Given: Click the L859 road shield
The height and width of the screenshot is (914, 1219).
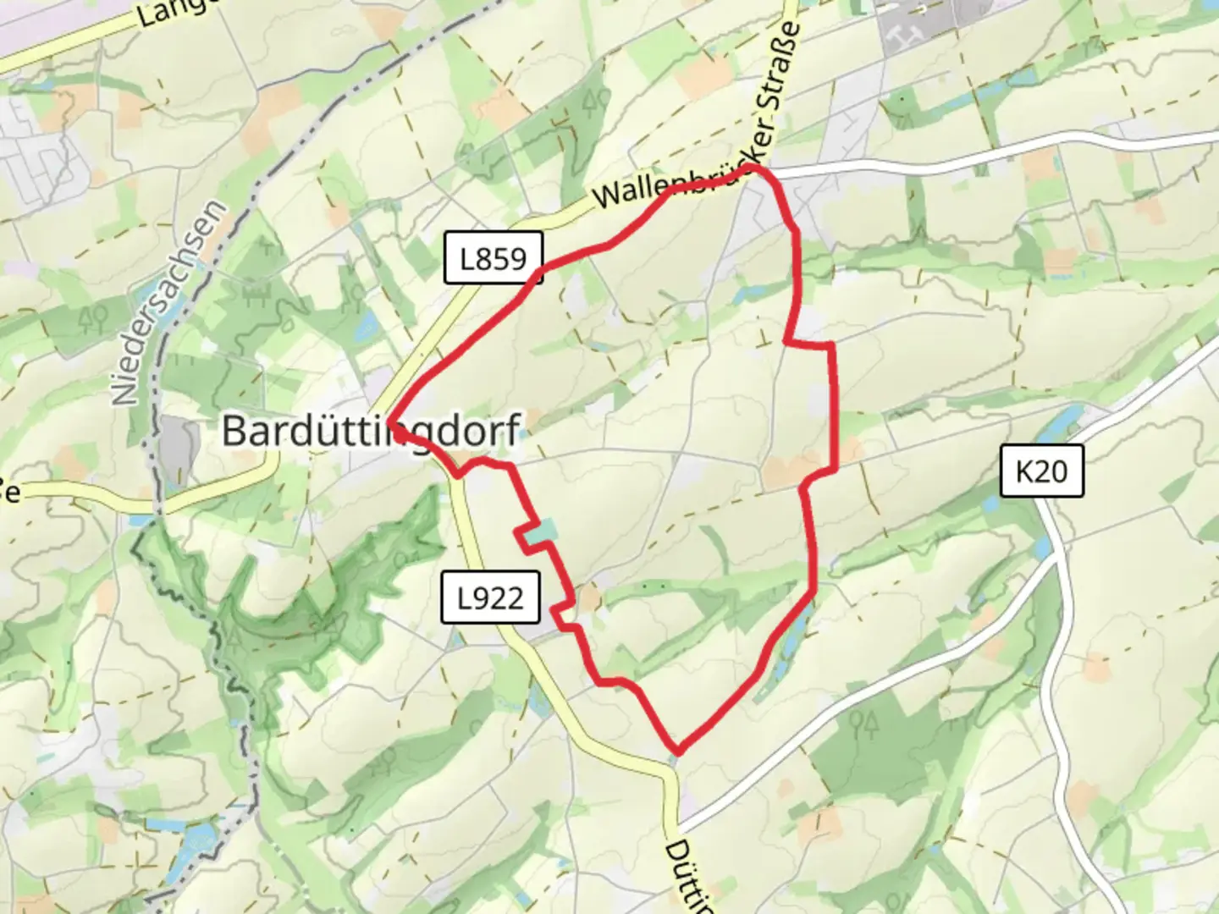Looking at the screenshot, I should (493, 258).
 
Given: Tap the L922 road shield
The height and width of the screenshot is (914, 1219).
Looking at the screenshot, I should (490, 597).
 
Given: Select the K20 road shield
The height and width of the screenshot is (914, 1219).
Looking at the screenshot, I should (1041, 471).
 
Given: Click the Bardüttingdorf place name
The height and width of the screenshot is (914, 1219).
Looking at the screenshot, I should (370, 431).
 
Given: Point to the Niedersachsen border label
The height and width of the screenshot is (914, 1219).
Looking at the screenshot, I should (170, 302).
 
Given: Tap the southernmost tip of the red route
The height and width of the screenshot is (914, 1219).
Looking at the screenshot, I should (678, 750).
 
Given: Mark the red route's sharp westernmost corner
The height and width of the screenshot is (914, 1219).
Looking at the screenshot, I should (389, 421).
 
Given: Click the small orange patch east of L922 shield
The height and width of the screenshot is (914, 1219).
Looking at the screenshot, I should (589, 599).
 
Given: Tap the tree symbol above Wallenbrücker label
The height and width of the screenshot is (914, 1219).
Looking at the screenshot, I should (593, 101).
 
